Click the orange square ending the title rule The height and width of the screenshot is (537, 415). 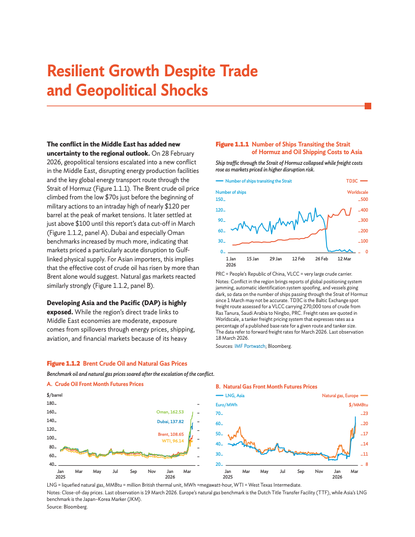pyautogui.click(x=368, y=106)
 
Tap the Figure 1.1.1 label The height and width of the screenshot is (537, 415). pyautogui.click(x=232, y=145)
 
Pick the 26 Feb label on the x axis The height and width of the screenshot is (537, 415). pyautogui.click(x=321, y=259)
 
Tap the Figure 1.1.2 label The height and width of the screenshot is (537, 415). pyautogui.click(x=64, y=364)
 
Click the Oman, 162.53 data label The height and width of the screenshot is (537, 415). pyautogui.click(x=170, y=412)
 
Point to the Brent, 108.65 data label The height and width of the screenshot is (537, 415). pyautogui.click(x=170, y=434)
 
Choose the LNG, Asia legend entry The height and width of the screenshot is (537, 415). pyautogui.click(x=234, y=395)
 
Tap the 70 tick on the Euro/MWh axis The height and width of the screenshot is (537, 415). pyautogui.click(x=219, y=413)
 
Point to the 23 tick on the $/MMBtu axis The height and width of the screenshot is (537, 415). pyautogui.click(x=365, y=413)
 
